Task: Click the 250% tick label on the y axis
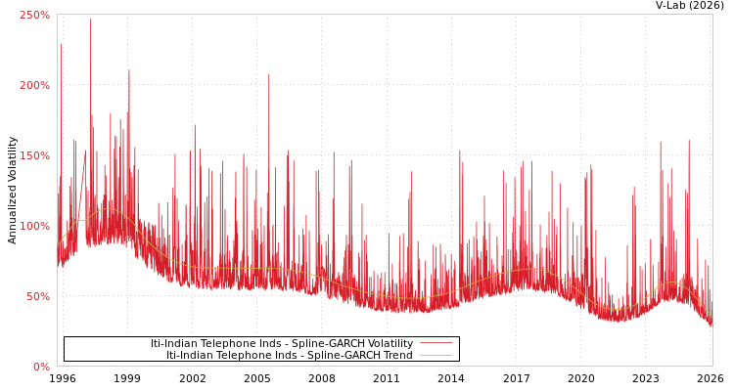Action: (x=34, y=15)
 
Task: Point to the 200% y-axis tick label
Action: (x=34, y=85)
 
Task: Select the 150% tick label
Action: (x=34, y=155)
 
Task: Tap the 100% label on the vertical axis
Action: (x=34, y=226)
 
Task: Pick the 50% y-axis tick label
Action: (x=37, y=296)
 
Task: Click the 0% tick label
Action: (x=41, y=367)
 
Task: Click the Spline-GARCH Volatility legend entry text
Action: (x=282, y=344)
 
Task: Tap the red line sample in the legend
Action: (x=436, y=344)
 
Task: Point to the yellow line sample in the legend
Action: (x=436, y=356)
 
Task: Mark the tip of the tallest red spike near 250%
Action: (x=91, y=20)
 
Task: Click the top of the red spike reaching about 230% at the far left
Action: (x=61, y=43)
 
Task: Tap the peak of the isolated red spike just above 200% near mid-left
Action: (x=269, y=74)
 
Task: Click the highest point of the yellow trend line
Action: (x=108, y=209)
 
